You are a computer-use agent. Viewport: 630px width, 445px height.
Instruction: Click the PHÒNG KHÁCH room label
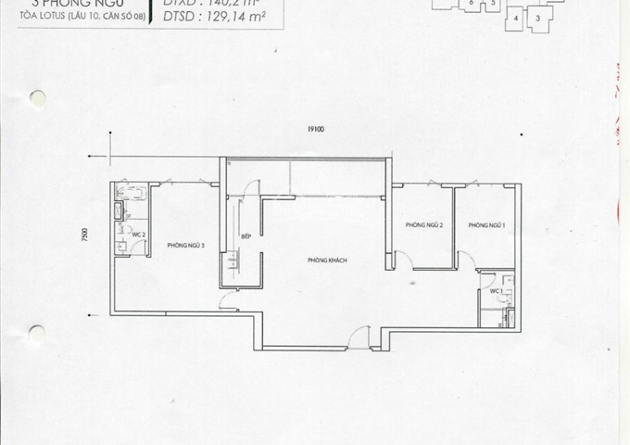(327, 261)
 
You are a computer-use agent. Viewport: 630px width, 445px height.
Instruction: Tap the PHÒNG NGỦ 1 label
(485, 225)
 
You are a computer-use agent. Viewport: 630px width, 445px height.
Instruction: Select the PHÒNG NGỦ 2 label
(422, 225)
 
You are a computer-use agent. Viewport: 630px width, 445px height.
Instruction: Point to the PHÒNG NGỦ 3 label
(185, 245)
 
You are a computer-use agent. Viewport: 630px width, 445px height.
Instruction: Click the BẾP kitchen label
(245, 237)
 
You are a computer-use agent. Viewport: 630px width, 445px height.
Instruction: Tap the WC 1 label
(496, 292)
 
